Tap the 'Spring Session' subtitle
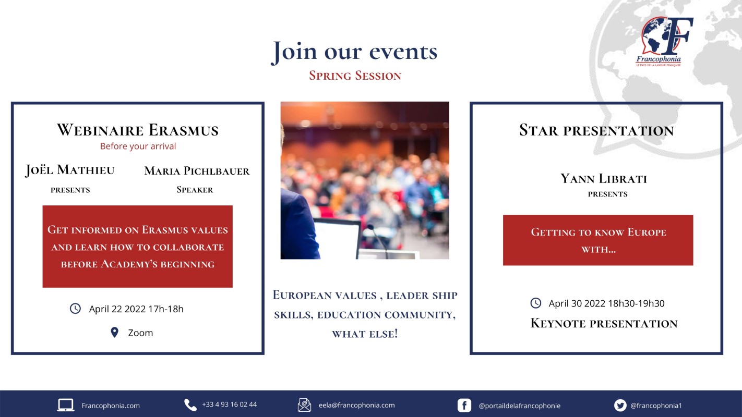click(x=355, y=76)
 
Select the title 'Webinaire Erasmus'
click(x=138, y=130)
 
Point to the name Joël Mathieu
click(x=70, y=170)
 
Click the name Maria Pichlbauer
click(x=197, y=171)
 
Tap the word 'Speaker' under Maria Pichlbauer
click(x=195, y=190)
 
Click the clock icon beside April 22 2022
click(x=75, y=309)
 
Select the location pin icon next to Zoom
click(x=115, y=332)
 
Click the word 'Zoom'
click(x=140, y=333)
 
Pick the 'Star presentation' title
click(x=596, y=130)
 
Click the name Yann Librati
click(x=604, y=179)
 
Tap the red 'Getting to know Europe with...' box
click(x=598, y=240)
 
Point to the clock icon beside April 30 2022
click(x=536, y=303)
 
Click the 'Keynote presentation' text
click(x=604, y=323)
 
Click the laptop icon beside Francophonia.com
click(x=66, y=405)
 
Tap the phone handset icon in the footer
click(x=190, y=405)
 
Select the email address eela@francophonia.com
click(x=357, y=405)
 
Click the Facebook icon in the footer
click(x=464, y=406)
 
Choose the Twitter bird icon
click(x=620, y=406)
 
